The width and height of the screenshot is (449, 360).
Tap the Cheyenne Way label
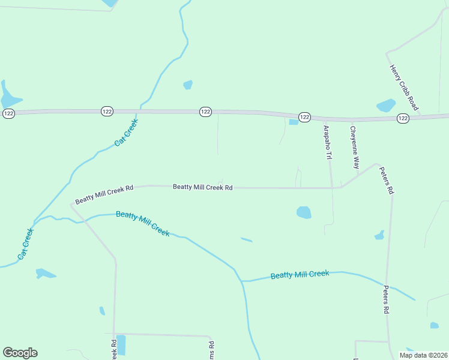355,147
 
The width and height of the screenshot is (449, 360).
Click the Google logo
20,353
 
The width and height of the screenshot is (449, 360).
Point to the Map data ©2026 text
424,355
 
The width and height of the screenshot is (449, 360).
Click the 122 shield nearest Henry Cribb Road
403,119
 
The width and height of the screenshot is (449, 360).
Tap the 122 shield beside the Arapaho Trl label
304,117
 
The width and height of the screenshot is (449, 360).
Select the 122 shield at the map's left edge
8,113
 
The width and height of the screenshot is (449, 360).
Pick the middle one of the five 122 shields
205,112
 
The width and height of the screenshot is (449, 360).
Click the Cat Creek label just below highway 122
126,133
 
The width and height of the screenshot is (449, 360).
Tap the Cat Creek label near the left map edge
26,243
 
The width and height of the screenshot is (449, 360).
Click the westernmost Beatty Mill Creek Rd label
104,194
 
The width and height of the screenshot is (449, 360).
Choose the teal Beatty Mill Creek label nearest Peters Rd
300,275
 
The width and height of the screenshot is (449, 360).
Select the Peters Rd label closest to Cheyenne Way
386,180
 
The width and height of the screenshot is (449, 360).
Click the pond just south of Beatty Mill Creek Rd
304,212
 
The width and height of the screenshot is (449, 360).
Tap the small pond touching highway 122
294,122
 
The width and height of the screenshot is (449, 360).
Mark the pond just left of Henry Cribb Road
386,106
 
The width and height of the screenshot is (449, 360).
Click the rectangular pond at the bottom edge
121,344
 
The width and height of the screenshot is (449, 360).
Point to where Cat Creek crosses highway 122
140,111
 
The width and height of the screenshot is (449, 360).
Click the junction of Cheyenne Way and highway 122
352,120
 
